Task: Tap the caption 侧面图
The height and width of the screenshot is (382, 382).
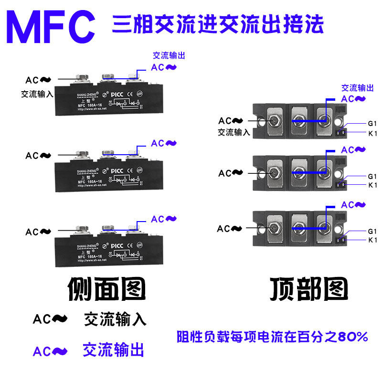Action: [106, 289]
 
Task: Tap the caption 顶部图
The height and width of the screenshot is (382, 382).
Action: [309, 288]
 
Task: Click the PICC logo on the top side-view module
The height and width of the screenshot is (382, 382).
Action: [118, 94]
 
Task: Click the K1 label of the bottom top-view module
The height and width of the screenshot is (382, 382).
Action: [372, 240]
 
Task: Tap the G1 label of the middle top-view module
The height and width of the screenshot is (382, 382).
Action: [372, 176]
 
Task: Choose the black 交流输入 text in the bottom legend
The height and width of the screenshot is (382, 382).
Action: [115, 319]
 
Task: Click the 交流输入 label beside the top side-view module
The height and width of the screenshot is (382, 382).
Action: [37, 94]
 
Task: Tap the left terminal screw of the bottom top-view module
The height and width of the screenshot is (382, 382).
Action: [274, 227]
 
